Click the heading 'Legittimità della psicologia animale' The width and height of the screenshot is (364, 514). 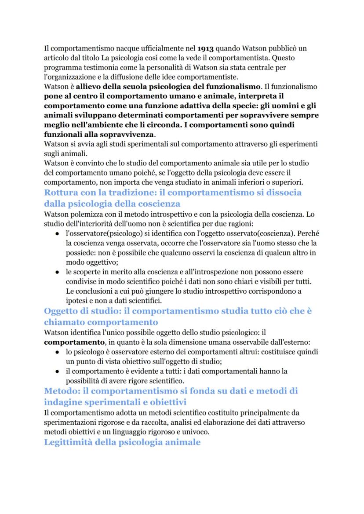(x=123, y=442)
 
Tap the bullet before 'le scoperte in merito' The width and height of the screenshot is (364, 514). (x=58, y=272)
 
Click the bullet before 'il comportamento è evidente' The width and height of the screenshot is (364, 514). (x=58, y=371)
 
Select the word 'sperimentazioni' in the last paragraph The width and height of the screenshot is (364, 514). (x=71, y=421)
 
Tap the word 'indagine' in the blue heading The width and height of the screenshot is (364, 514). (x=66, y=401)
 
